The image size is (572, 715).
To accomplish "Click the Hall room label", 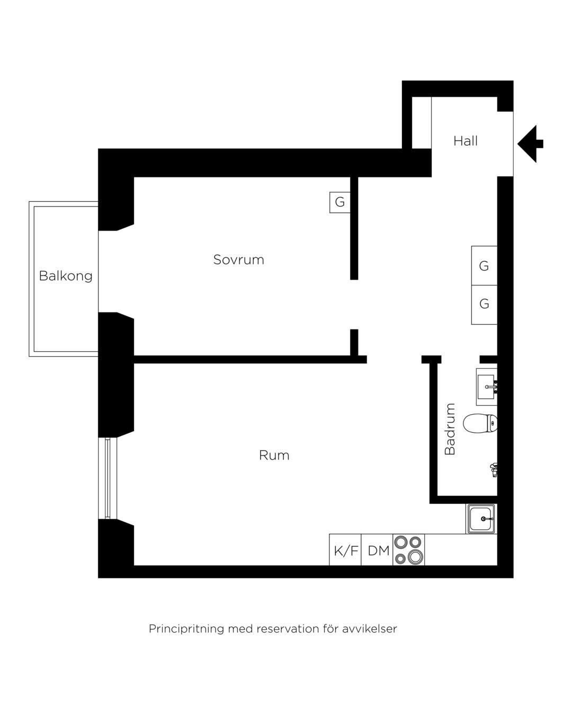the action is click(465, 141).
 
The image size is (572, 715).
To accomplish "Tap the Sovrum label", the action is click(238, 260).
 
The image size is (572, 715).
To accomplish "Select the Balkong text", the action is click(66, 276).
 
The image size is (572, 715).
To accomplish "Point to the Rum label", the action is click(274, 455).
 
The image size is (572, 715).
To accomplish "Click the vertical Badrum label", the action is click(449, 429).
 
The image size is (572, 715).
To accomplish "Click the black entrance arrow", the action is click(530, 144).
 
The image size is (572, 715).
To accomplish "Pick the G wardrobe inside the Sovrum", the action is click(339, 202).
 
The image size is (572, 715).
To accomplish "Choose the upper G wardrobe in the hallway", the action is click(484, 265).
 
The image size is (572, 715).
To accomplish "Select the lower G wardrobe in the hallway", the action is click(484, 305).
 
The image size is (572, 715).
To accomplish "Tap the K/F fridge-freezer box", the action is click(345, 551).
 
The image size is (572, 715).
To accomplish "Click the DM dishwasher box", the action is click(377, 551).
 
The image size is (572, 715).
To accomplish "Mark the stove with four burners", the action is click(408, 550).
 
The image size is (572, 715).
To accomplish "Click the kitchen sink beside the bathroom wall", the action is click(481, 519).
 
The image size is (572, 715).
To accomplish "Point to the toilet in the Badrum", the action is click(480, 423).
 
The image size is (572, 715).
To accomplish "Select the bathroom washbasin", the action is click(487, 387).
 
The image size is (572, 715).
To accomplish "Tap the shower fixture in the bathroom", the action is click(494, 469).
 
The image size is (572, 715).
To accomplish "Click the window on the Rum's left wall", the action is click(108, 478).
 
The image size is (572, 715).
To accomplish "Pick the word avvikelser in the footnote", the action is click(369, 629).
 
